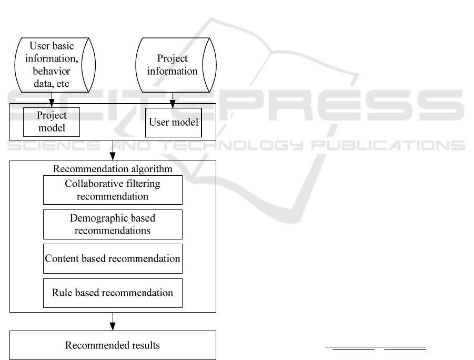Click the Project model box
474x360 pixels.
click(52, 122)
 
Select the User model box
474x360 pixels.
click(174, 122)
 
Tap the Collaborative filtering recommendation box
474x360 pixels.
click(113, 190)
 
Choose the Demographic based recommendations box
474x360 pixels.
click(113, 224)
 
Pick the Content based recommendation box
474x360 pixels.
click(113, 258)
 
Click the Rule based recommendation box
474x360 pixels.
click(113, 293)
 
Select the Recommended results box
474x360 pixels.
click(113, 345)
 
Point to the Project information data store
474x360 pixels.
click(172, 65)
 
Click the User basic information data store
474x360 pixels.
click(52, 65)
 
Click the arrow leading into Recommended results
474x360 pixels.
click(113, 322)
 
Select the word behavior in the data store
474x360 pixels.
click(52, 71)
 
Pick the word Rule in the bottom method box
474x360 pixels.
click(61, 293)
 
